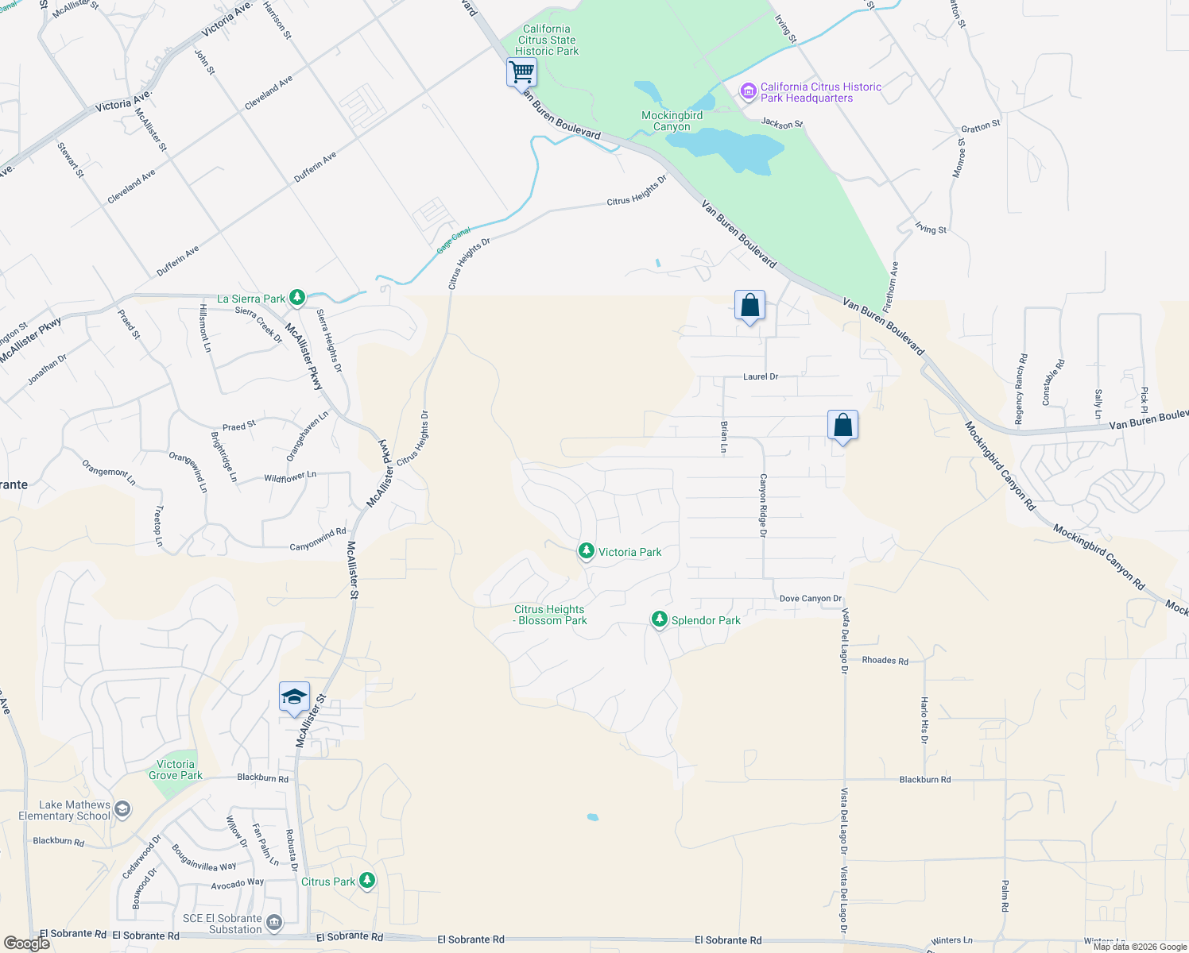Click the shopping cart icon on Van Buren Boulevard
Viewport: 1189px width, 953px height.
(521, 72)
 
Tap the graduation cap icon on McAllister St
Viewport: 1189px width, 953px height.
(294, 696)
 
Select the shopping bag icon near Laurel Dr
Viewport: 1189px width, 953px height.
(749, 305)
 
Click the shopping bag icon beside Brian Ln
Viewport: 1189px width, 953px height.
(842, 425)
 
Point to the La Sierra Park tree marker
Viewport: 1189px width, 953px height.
(297, 298)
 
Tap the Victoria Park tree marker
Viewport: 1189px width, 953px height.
(586, 550)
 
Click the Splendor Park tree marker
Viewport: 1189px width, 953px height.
(659, 619)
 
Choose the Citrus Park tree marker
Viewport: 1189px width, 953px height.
(366, 880)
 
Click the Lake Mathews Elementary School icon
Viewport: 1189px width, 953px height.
(122, 809)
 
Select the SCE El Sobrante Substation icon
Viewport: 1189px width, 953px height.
(274, 922)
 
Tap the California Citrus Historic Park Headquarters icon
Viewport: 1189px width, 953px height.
(748, 91)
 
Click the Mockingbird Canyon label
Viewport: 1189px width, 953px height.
(672, 121)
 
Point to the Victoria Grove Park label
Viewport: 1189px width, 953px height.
(176, 770)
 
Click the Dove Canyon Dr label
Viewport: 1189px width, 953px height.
(810, 599)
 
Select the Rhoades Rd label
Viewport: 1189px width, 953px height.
(885, 660)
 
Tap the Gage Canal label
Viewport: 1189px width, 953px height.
(454, 240)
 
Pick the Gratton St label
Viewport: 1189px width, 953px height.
(981, 126)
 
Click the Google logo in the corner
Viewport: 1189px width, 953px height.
(27, 943)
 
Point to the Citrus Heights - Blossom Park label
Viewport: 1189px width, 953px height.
(549, 615)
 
